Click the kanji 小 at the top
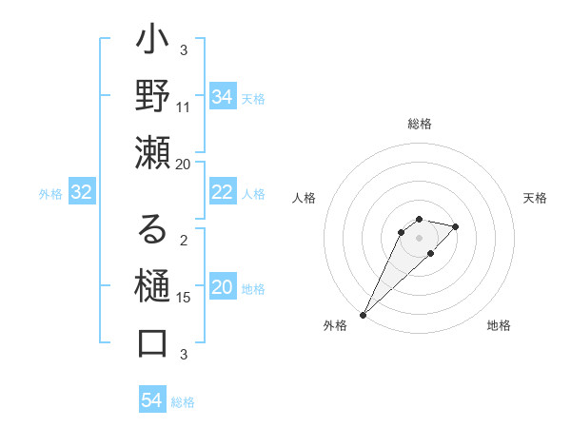[152, 44]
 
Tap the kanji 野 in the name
[152, 98]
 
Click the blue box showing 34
[222, 97]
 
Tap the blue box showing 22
[222, 192]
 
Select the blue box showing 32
[81, 192]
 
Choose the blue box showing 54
[151, 400]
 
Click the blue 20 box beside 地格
[222, 287]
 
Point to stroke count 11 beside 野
[184, 107]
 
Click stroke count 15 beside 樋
[184, 298]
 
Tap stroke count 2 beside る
[184, 240]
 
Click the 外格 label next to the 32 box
[50, 194]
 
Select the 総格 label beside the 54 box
[183, 402]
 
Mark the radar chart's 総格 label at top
[419, 124]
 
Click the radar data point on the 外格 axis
[363, 314]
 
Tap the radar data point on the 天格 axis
[456, 226]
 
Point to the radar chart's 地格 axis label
[499, 325]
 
